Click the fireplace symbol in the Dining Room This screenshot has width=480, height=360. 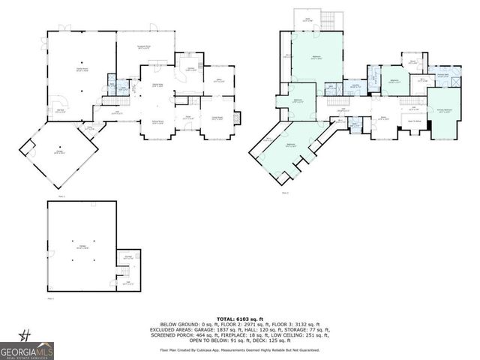(x=238, y=118)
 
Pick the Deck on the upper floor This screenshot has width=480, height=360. (x=307, y=20)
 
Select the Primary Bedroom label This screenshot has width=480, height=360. (x=445, y=110)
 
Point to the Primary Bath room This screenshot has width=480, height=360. (x=442, y=76)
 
